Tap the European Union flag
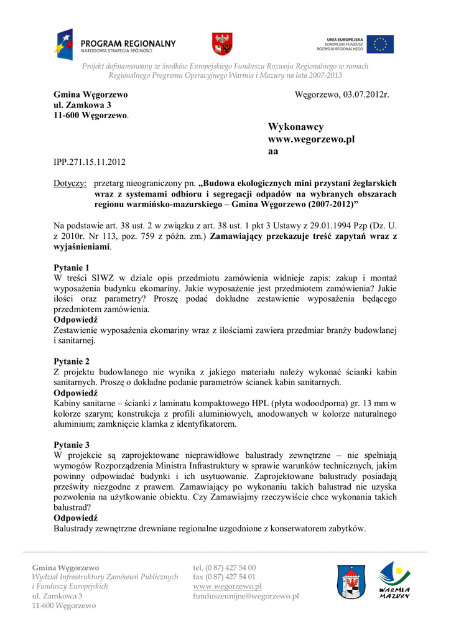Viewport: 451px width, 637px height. pyautogui.click(x=379, y=44)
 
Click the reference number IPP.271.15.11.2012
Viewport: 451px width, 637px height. pyautogui.click(x=90, y=162)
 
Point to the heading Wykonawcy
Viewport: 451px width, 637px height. pyautogui.click(x=295, y=127)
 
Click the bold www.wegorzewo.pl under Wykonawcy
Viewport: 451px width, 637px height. pyautogui.click(x=311, y=139)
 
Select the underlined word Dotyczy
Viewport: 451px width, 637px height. pyautogui.click(x=69, y=184)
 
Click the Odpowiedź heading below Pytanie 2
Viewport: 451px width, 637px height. pyautogui.click(x=76, y=393)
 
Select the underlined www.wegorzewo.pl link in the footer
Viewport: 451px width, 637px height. pyautogui.click(x=227, y=586)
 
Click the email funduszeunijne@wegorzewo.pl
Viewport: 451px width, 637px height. pyautogui.click(x=246, y=596)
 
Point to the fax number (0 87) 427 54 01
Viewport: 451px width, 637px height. pyautogui.click(x=225, y=577)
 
